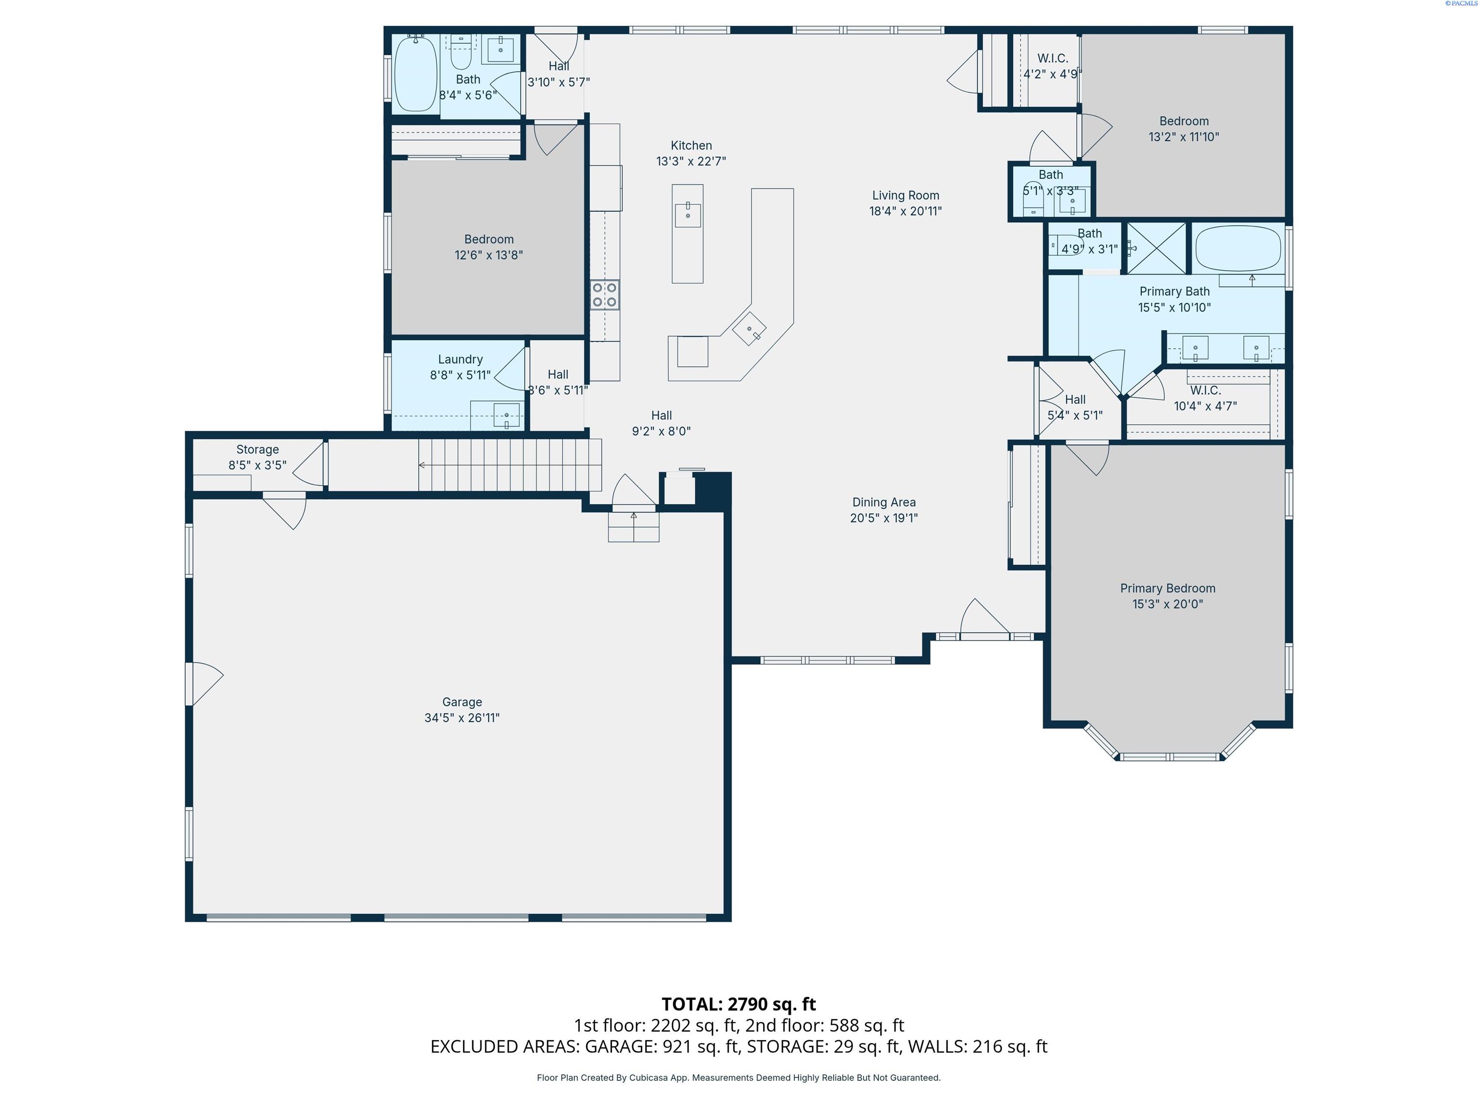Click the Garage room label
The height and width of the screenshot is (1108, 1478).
(462, 702)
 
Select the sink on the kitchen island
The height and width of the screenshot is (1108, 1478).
(688, 215)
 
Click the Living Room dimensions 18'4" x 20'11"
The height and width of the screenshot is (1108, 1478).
(905, 211)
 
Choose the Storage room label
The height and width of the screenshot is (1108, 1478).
(257, 450)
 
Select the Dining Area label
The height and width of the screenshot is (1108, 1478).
(884, 502)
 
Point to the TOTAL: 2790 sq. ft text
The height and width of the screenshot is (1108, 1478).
(739, 1004)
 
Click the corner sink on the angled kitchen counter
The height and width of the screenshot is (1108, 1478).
(749, 328)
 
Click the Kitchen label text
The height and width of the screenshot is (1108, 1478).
(691, 146)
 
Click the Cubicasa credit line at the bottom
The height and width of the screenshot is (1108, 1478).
(739, 1077)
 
